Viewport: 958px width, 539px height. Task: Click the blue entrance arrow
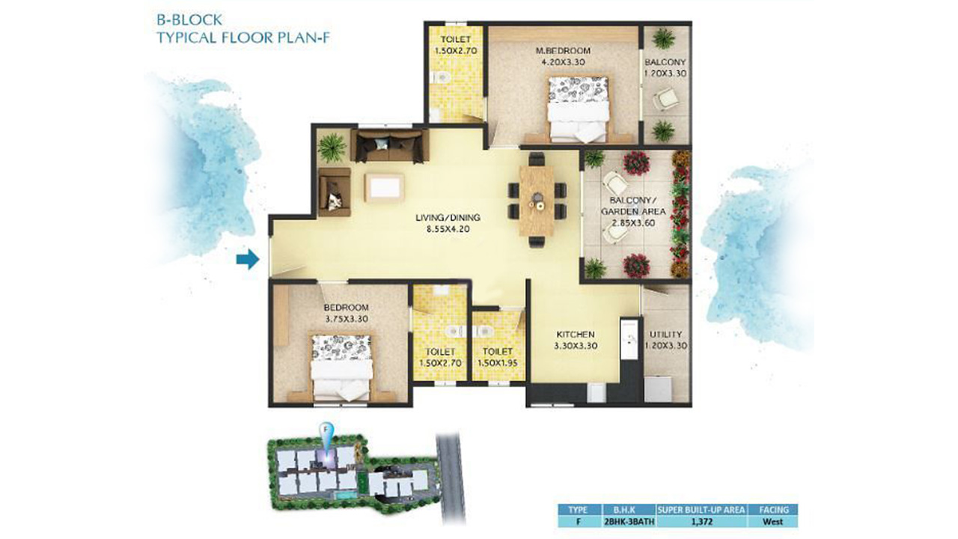(x=248, y=259)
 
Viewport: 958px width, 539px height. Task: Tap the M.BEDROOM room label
(x=563, y=50)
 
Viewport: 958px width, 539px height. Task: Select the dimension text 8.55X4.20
(x=448, y=229)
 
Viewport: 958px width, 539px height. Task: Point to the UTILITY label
(x=665, y=334)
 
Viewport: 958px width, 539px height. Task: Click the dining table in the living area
(x=537, y=200)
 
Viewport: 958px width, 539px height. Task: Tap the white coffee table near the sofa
(x=384, y=187)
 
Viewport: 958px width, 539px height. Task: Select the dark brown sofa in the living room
(x=390, y=146)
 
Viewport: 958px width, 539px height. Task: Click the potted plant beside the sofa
(x=332, y=147)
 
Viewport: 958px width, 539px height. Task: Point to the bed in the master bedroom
(x=578, y=109)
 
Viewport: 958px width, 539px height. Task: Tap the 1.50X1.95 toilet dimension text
(x=498, y=363)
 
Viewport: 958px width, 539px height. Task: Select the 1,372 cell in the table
(x=701, y=522)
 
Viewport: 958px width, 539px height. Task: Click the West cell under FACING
(x=773, y=522)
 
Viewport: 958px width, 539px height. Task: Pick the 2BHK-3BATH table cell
(x=629, y=522)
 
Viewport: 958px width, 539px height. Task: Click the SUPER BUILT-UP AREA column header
(x=701, y=510)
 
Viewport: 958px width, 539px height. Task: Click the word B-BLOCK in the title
(x=189, y=19)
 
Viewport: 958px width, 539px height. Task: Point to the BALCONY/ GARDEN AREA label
(x=633, y=206)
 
